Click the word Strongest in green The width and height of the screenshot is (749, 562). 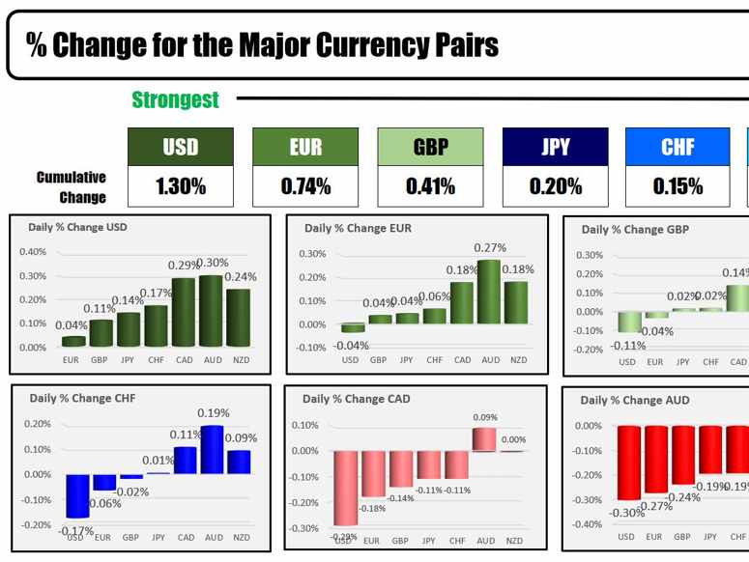(175, 99)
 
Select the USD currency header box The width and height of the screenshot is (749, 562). (181, 147)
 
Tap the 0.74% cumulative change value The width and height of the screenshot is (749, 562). (305, 186)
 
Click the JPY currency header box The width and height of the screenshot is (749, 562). (556, 147)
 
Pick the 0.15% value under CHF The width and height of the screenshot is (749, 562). (677, 186)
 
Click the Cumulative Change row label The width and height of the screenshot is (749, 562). (72, 187)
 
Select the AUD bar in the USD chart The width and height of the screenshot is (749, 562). (211, 310)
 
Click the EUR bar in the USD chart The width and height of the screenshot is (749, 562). (72, 340)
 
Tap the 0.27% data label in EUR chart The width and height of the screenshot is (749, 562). (490, 248)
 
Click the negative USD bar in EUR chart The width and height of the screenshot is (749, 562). (353, 327)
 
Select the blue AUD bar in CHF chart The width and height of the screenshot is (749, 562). (212, 449)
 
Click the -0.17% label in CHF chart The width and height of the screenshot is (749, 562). (75, 530)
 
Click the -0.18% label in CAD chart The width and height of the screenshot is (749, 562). (372, 508)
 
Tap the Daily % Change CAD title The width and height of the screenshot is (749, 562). (356, 399)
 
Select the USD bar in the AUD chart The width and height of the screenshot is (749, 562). (628, 462)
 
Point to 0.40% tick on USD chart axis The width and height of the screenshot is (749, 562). (33, 252)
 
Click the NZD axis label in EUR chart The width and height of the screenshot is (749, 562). (518, 360)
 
